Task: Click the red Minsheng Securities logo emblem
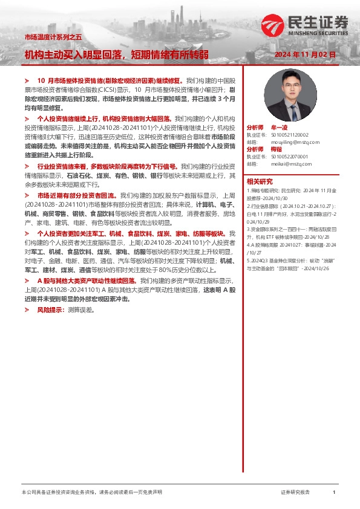(x=273, y=25)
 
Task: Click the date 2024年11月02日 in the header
(x=305, y=54)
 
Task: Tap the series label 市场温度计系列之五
(x=53, y=37)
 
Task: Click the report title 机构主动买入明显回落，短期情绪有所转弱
(x=116, y=54)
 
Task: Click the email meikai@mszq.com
(x=283, y=163)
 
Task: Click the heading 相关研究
(x=260, y=181)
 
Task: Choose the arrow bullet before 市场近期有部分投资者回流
(x=27, y=195)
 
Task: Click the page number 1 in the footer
(x=334, y=493)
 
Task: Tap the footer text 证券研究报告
(x=295, y=493)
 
